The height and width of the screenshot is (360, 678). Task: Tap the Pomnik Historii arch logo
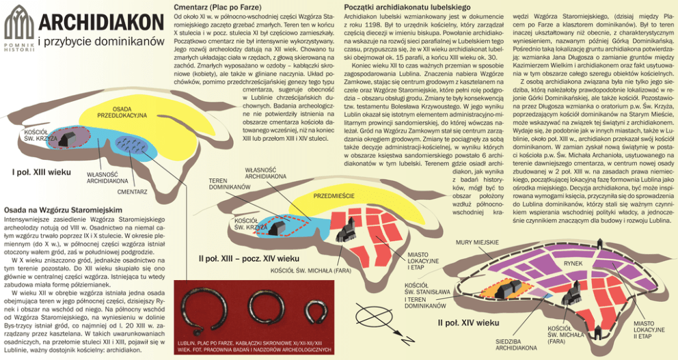point(18,25)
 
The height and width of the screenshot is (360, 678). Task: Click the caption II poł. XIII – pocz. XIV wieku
point(249,260)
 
